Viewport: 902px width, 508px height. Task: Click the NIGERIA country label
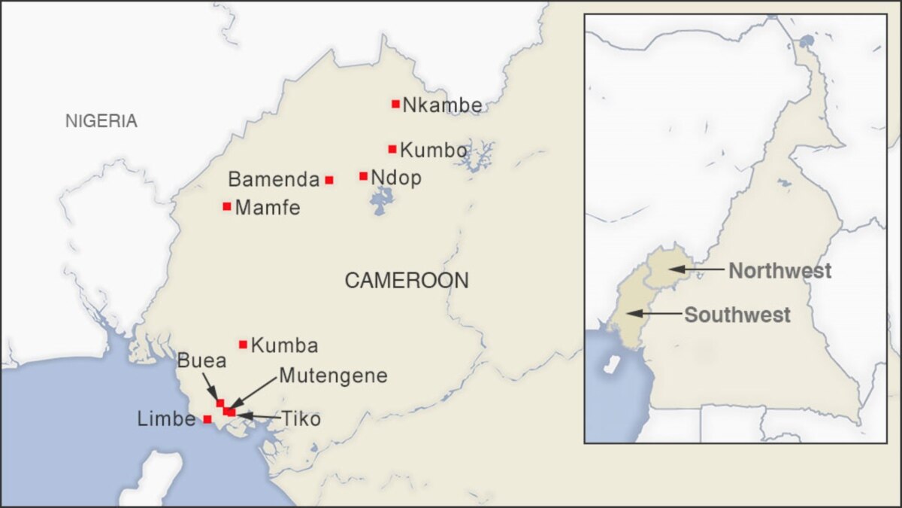click(101, 121)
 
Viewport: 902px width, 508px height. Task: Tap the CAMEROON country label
click(406, 281)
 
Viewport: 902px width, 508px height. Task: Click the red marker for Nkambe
click(395, 104)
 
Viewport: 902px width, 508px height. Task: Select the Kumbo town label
click(434, 150)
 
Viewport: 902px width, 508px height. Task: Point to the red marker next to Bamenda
click(329, 180)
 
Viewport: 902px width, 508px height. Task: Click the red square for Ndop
click(364, 176)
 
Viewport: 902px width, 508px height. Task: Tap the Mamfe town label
click(268, 208)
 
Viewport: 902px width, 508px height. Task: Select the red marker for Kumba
click(243, 345)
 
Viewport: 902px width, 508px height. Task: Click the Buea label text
click(201, 360)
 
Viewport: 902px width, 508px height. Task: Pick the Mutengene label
click(333, 376)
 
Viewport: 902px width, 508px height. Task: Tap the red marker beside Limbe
click(207, 419)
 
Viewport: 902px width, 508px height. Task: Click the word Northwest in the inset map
click(779, 270)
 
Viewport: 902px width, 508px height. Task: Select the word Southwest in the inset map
click(737, 315)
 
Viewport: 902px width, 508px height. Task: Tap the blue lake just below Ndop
click(383, 202)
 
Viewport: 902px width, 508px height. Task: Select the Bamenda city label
click(274, 180)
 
